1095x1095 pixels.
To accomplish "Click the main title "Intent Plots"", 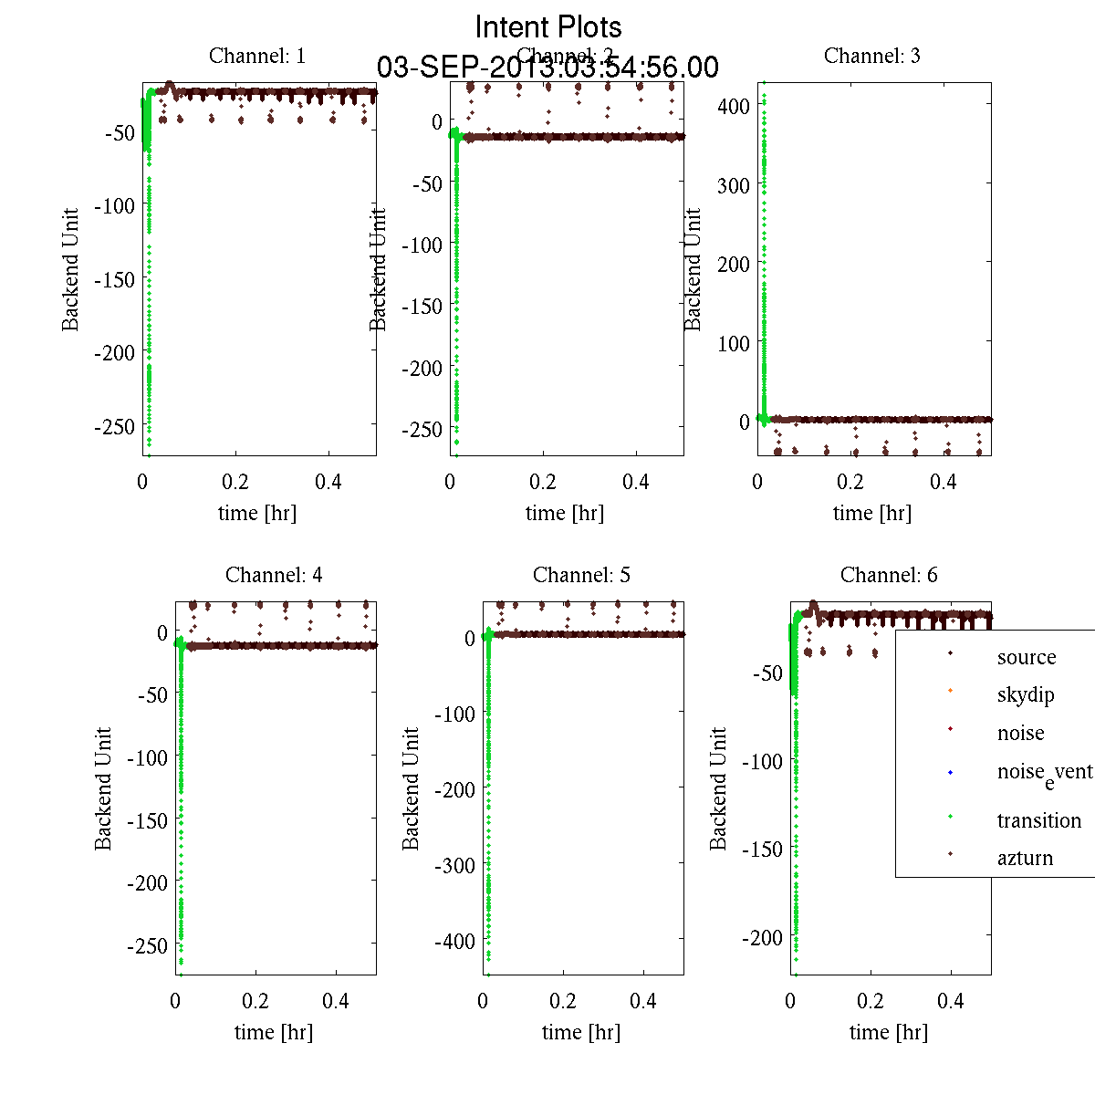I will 548,26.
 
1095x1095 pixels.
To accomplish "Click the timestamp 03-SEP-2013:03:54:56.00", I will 547,68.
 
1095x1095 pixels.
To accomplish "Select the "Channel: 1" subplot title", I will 257,56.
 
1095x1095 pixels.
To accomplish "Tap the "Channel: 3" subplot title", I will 871,56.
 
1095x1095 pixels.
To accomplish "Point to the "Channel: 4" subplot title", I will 274,575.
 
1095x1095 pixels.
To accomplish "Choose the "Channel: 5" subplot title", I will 581,575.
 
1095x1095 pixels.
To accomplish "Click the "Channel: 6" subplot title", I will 889,575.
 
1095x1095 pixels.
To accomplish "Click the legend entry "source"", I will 1027,657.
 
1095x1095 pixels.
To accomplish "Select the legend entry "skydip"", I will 1026,695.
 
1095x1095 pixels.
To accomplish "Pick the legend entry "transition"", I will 1038,820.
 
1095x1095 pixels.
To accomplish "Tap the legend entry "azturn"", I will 1025,859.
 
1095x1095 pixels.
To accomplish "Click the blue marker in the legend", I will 950,773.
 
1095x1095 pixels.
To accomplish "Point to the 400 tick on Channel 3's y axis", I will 733,106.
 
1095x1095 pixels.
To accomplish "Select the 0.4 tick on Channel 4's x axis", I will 336,1001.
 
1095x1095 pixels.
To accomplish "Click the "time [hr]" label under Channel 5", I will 581,1032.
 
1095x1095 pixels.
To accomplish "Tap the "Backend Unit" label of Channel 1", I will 71,269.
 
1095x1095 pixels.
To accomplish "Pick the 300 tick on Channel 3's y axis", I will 733,185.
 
